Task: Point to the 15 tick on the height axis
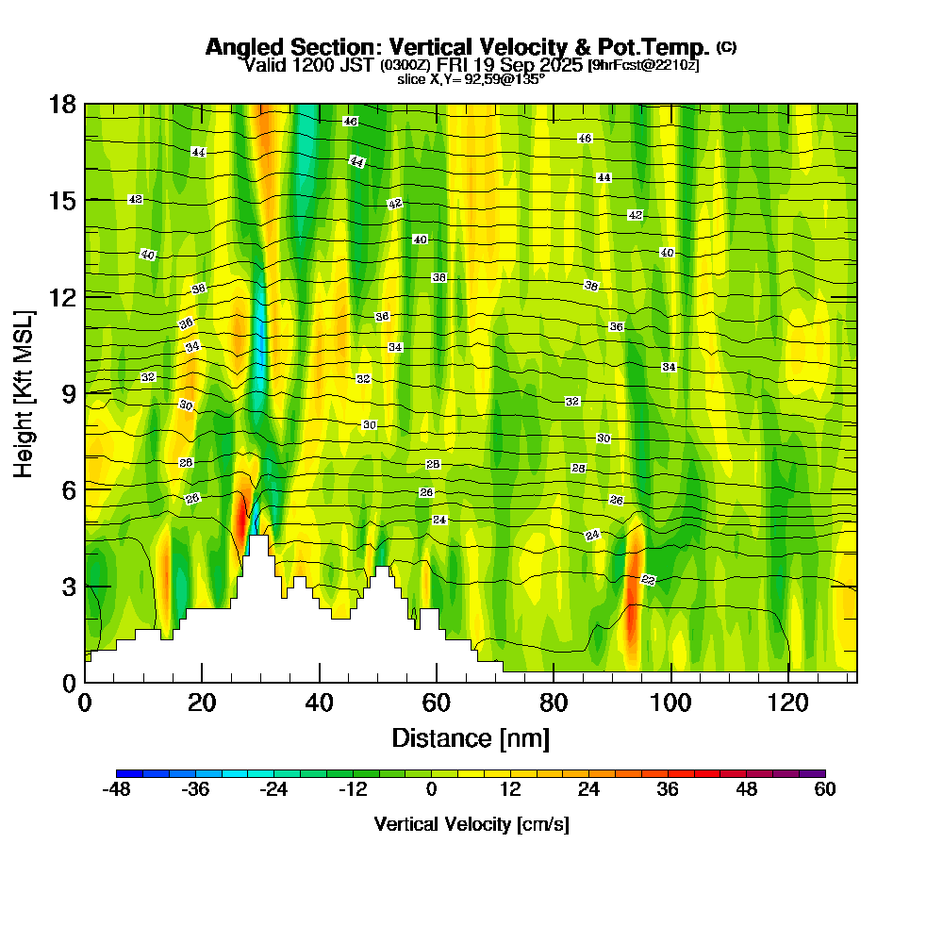click(85, 200)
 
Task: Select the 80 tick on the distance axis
click(554, 682)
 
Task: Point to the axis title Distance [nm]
click(471, 737)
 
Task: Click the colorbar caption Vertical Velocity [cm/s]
click(471, 824)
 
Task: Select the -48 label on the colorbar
click(116, 790)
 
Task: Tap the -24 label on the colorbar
click(273, 790)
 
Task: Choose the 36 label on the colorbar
click(668, 790)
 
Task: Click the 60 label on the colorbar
click(825, 790)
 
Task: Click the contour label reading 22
click(648, 579)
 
